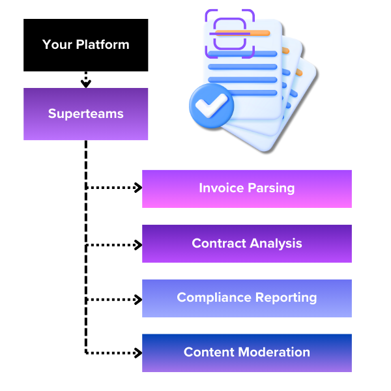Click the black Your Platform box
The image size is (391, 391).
86,45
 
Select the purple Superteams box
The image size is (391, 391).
86,114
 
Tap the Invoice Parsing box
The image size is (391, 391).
247,189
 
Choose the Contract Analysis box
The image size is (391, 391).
247,244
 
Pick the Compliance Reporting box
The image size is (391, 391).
247,298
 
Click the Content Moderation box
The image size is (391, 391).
247,353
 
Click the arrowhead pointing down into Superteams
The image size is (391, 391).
86,83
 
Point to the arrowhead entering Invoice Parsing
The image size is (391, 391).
138,188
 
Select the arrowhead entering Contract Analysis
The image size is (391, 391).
138,245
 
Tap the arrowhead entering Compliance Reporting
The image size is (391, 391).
138,300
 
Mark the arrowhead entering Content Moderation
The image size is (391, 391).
138,353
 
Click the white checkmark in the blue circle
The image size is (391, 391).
211,106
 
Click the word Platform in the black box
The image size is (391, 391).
103,44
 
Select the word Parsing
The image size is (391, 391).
271,188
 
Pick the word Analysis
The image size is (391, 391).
276,243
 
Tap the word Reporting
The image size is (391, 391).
286,298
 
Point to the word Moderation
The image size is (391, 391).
274,352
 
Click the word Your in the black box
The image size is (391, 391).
57,45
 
